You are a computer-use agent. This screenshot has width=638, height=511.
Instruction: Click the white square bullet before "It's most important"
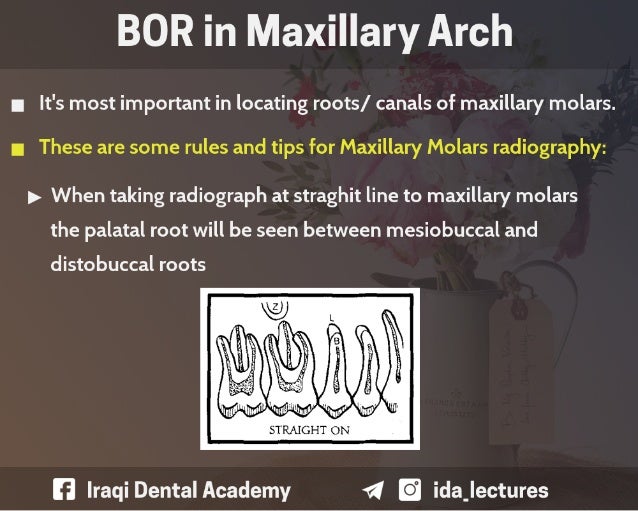tap(17, 105)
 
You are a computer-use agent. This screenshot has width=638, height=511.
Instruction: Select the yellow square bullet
tap(17, 149)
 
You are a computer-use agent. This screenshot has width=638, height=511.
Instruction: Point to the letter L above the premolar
tap(332, 317)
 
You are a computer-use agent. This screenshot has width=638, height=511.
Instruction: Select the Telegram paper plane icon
tap(373, 490)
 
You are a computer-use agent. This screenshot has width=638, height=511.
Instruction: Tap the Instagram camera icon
tap(410, 490)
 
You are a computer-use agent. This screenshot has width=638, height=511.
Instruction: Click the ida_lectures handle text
tap(490, 490)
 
